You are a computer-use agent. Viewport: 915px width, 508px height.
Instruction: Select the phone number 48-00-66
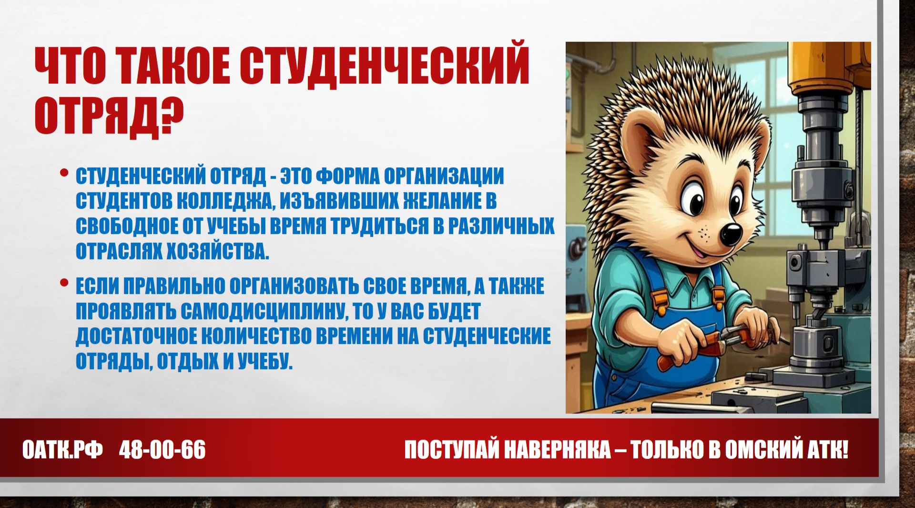(163, 449)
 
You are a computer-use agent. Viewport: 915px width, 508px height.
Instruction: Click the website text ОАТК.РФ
(62, 449)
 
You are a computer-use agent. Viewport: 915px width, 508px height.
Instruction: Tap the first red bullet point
(64, 173)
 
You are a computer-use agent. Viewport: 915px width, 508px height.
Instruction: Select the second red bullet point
(64, 283)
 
